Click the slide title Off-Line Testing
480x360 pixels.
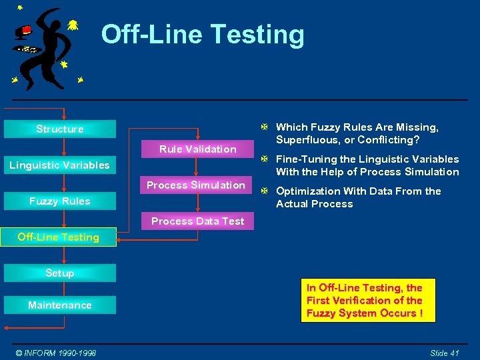(x=203, y=35)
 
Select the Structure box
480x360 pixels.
(x=60, y=129)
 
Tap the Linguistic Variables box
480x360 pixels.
(x=60, y=165)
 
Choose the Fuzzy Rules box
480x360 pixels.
(x=60, y=201)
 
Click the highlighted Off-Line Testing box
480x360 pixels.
(x=59, y=237)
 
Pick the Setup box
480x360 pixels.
(x=60, y=273)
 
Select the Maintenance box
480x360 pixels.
(x=60, y=305)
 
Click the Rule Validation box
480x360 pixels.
(x=197, y=149)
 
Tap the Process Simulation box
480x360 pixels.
(x=196, y=185)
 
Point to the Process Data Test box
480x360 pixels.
(x=197, y=221)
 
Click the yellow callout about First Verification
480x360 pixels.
(x=368, y=300)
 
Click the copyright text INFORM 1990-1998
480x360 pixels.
(x=57, y=353)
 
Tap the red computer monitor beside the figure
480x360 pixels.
(x=25, y=30)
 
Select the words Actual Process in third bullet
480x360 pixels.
(x=314, y=204)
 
